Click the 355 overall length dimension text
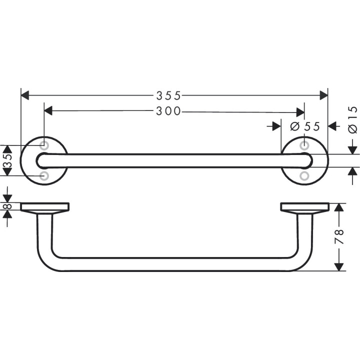168,95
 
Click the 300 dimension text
168,111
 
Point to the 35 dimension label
6,160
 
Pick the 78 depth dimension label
339,236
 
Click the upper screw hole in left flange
44,145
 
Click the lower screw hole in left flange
44,176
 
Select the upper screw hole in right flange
304,145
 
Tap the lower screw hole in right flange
304,176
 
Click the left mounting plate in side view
45,207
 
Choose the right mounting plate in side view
304,207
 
